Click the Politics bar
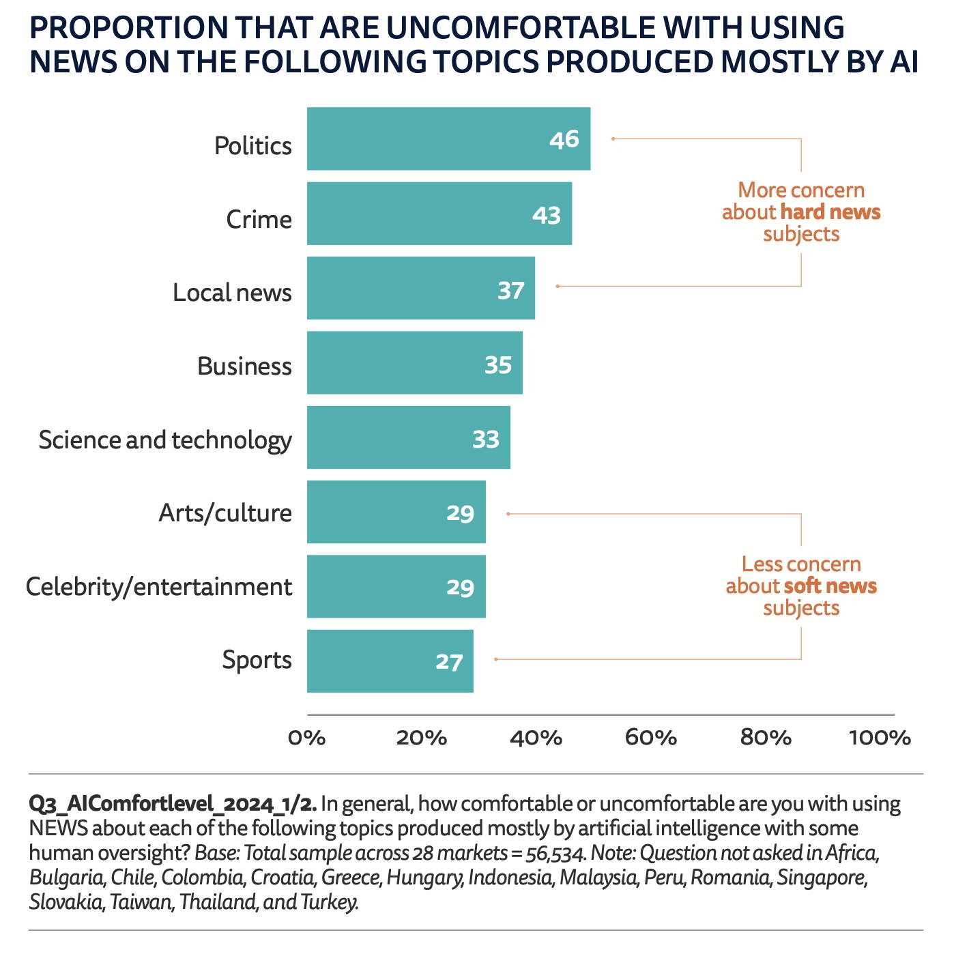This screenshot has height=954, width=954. pyautogui.click(x=448, y=139)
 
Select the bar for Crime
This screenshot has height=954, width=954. pyautogui.click(x=439, y=214)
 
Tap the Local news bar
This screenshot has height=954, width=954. pyautogui.click(x=420, y=288)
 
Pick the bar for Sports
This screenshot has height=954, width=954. pyautogui.click(x=390, y=661)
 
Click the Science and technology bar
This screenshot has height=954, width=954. pyautogui.click(x=408, y=437)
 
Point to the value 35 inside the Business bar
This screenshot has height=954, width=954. pyautogui.click(x=498, y=365)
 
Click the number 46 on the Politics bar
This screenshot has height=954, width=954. pyautogui.click(x=564, y=139)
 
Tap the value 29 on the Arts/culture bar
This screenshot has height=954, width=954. pyautogui.click(x=461, y=512)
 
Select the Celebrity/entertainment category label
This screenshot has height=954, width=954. pyautogui.click(x=159, y=587)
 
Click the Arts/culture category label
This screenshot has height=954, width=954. pyautogui.click(x=225, y=512)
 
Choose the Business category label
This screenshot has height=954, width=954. pyautogui.click(x=244, y=366)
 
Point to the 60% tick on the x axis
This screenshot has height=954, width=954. pyautogui.click(x=651, y=738)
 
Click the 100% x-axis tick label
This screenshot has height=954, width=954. pyautogui.click(x=880, y=738)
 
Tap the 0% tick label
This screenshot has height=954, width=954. pyautogui.click(x=307, y=738)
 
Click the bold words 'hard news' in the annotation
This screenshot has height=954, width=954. pyautogui.click(x=830, y=212)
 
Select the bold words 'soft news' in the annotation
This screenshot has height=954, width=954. pyautogui.click(x=830, y=586)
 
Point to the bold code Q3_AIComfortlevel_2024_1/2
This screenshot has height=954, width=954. pyautogui.click(x=173, y=804)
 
